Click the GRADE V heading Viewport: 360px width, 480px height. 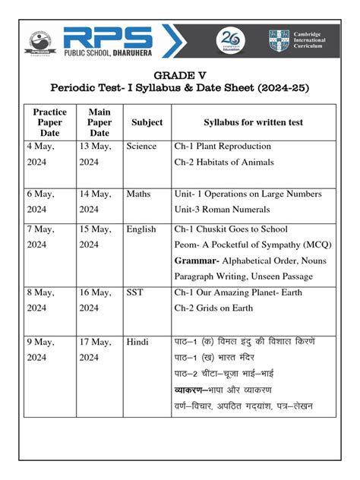180,75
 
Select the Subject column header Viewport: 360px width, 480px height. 147,122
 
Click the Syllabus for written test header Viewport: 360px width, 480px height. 254,122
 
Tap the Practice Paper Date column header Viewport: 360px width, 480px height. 49,122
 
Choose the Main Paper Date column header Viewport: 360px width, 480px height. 99,122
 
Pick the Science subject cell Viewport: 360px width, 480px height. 141,147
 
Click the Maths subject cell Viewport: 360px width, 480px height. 138,194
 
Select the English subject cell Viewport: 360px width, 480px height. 141,229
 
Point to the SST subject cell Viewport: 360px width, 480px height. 136,292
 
